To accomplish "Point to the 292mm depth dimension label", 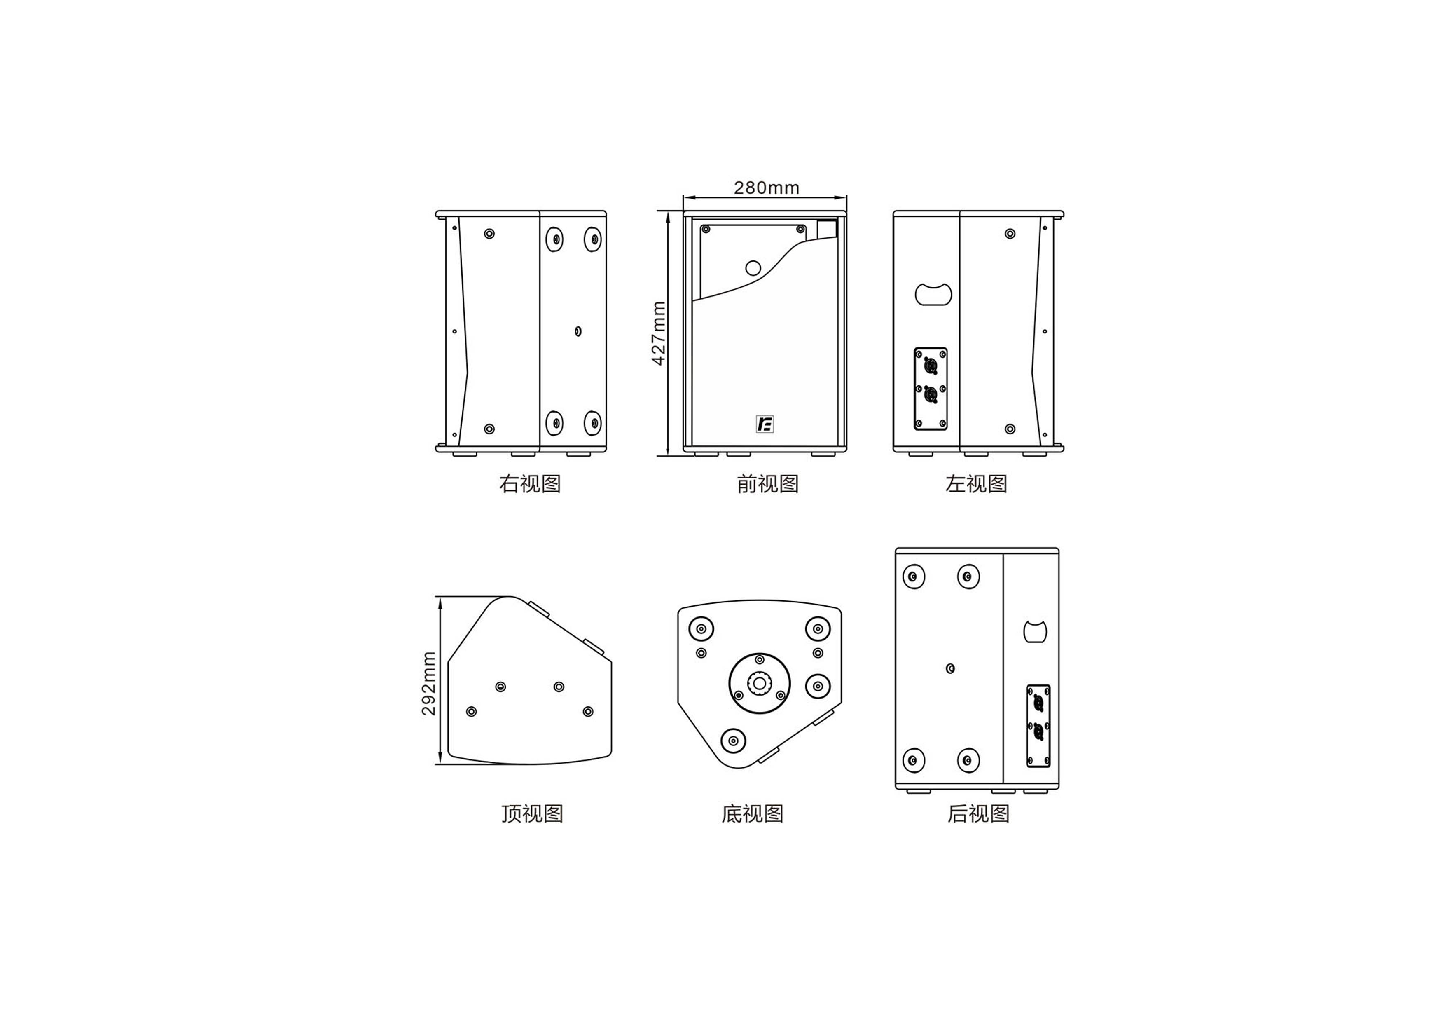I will coord(428,683).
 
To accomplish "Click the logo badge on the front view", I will coord(765,424).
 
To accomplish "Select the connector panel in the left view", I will coord(930,389).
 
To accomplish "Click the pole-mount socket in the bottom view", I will coord(760,684).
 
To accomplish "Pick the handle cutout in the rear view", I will coord(1035,632).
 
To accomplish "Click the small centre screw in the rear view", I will coord(950,668).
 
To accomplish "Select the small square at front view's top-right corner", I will coord(827,229).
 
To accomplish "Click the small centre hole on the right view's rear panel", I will coord(578,331).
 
